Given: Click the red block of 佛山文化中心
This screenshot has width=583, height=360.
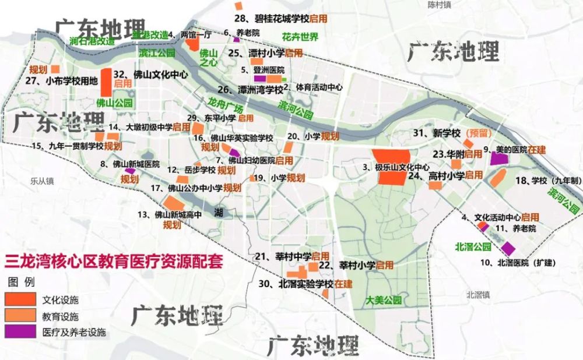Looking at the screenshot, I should (107, 82).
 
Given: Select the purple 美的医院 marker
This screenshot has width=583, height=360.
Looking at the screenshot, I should (499, 158).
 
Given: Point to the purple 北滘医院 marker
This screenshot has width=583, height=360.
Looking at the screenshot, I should (508, 248).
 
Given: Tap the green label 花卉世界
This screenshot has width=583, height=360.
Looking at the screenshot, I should (300, 37).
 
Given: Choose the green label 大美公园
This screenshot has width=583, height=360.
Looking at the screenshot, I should (384, 301).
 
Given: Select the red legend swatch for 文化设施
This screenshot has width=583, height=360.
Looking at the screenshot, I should (20, 300).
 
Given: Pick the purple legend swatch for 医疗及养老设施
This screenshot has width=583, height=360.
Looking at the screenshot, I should (20, 332).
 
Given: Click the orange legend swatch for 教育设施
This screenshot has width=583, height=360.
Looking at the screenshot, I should (20, 316).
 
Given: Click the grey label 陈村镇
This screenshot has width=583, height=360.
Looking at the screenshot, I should (439, 5).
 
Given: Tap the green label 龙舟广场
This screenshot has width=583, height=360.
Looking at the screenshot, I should (224, 106).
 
